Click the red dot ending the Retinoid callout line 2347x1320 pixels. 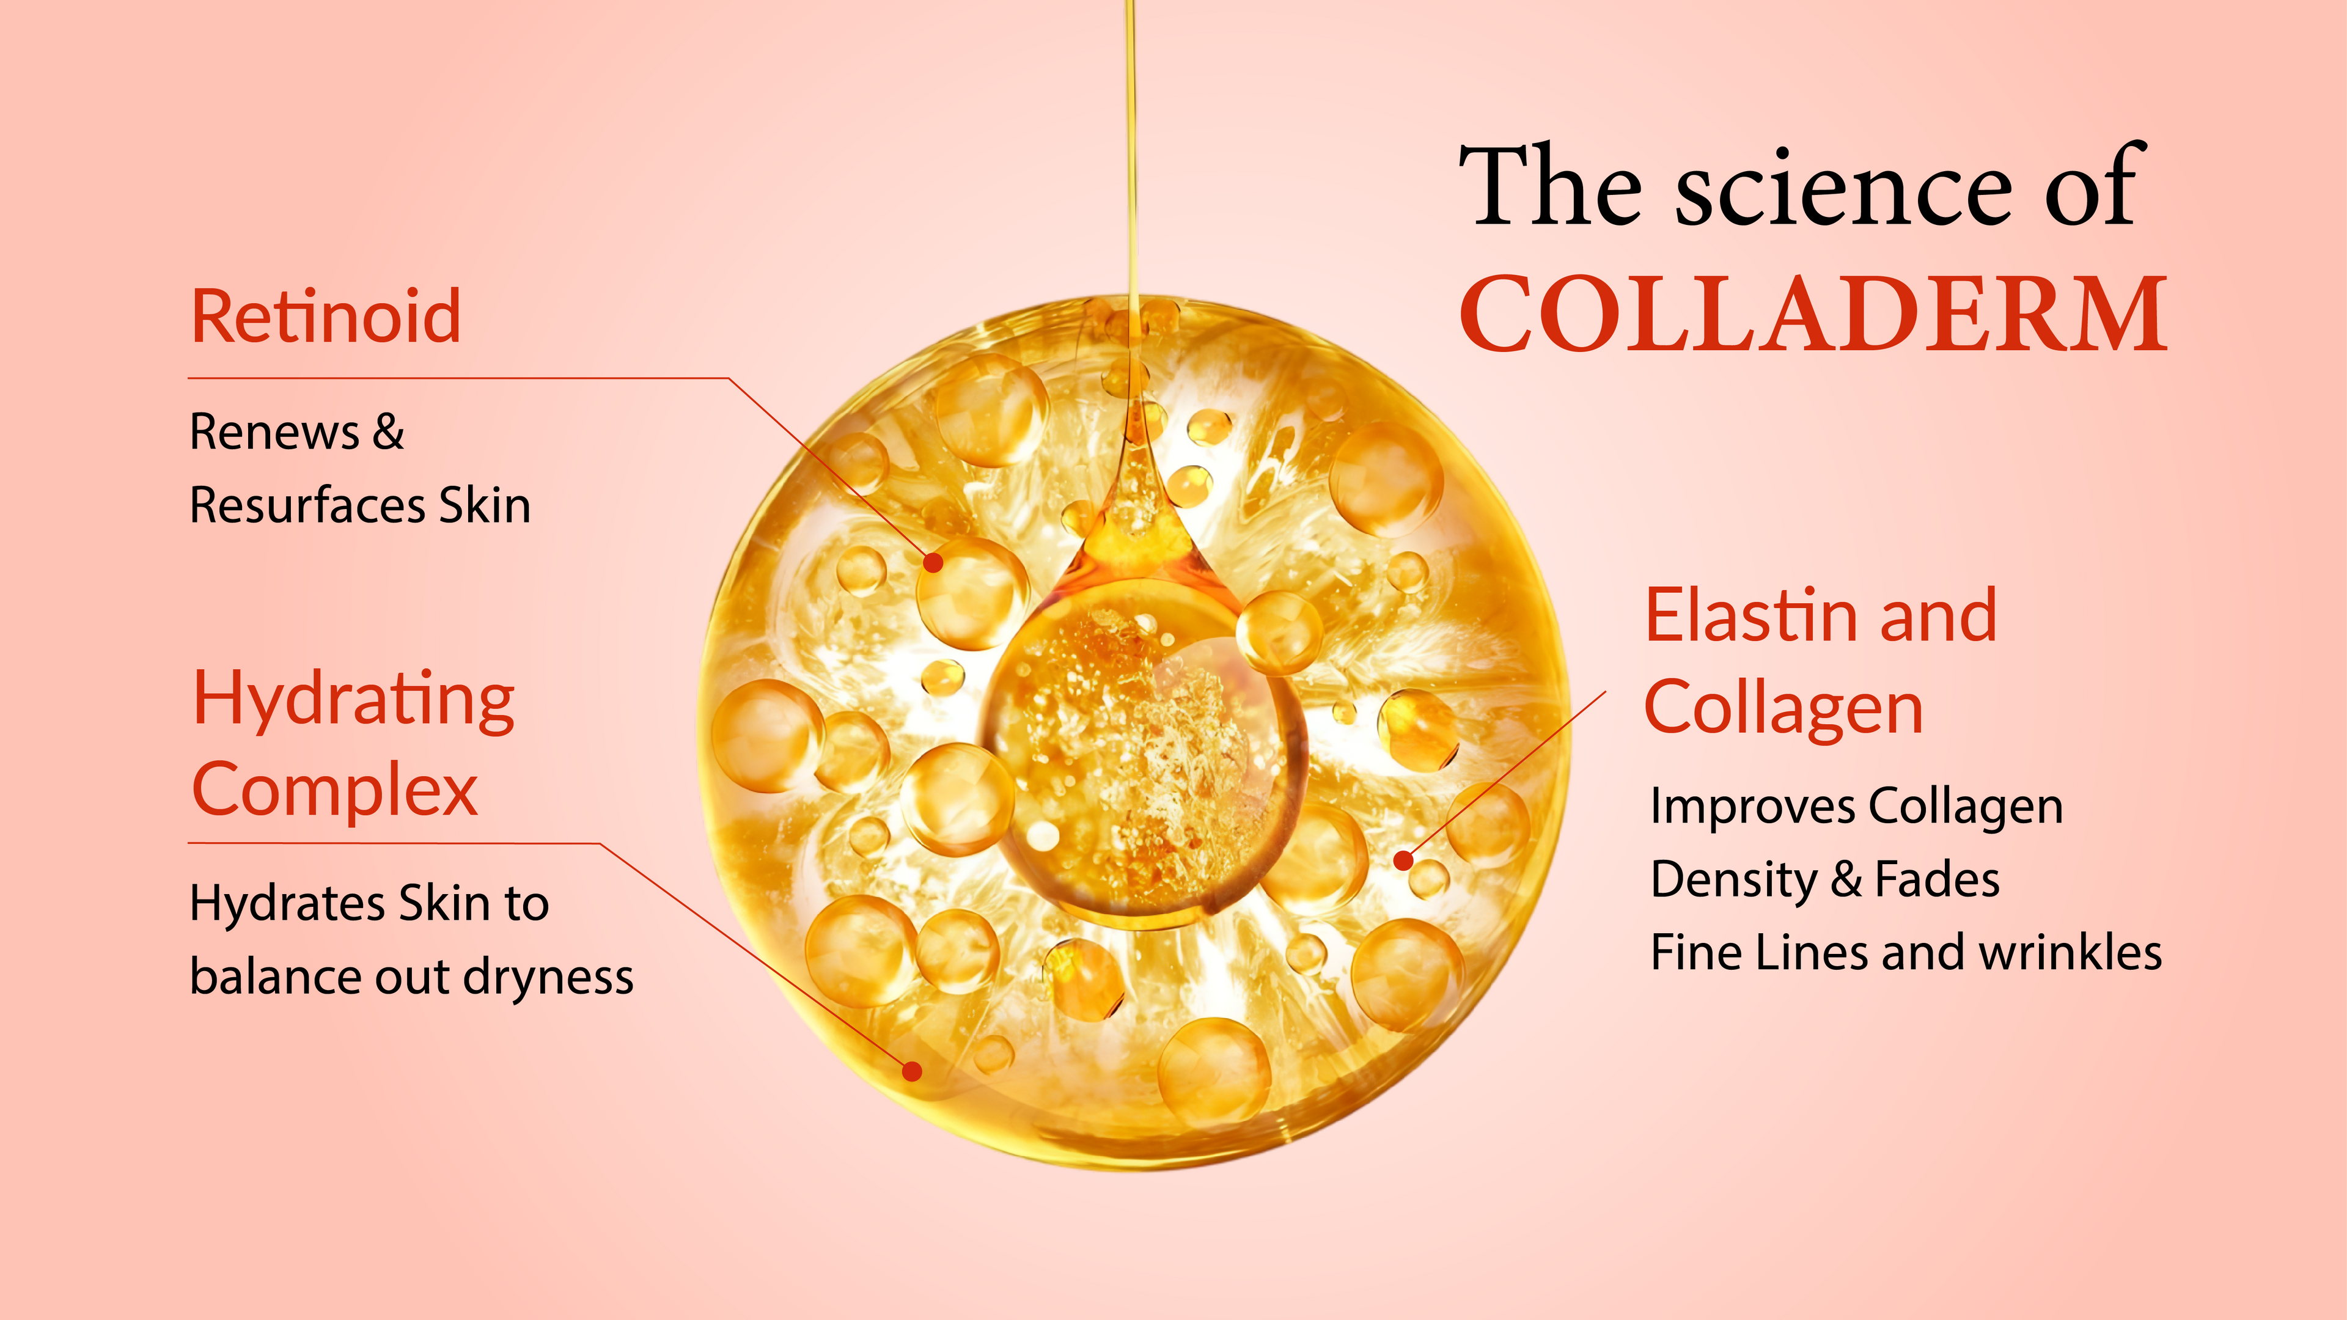(933, 563)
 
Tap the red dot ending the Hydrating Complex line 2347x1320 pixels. (912, 1071)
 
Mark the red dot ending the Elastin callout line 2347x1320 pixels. (1404, 860)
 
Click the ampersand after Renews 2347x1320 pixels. (388, 432)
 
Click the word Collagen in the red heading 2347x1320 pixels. (1784, 709)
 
